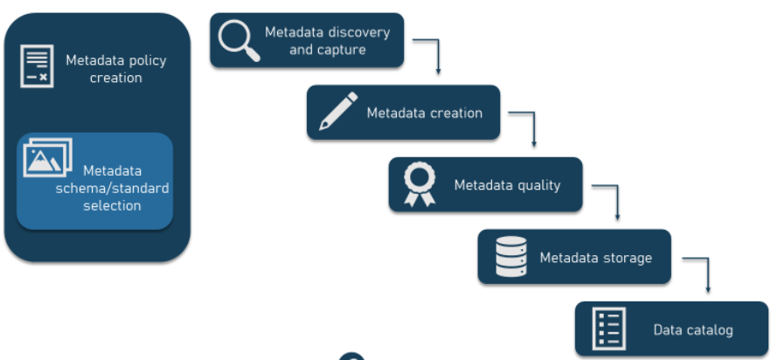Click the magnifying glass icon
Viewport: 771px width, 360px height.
(239, 40)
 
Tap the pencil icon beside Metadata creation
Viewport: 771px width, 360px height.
(338, 111)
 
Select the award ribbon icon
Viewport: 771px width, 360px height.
(420, 184)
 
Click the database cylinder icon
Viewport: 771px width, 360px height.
(511, 256)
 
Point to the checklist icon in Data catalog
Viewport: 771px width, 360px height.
(609, 329)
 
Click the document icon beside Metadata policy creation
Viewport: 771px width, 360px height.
(37, 66)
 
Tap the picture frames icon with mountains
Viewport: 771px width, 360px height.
(48, 157)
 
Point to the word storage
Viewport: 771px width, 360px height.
(623, 258)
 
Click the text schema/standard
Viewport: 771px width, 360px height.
(112, 189)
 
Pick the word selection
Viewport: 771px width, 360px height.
(112, 205)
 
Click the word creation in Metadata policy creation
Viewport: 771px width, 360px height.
(116, 78)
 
